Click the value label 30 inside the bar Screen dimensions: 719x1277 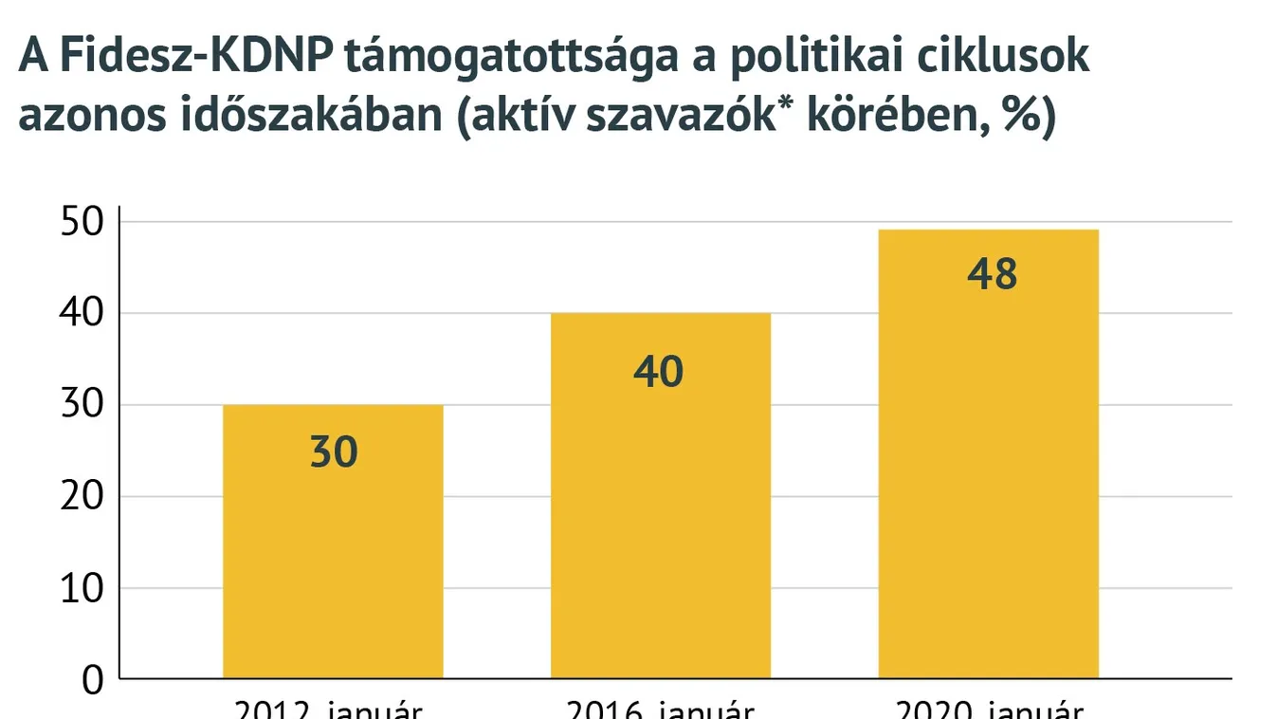(334, 452)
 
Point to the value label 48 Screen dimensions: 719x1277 (992, 274)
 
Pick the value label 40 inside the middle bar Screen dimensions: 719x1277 (658, 372)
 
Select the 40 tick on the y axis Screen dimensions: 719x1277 (81, 313)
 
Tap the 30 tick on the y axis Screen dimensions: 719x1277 (81, 405)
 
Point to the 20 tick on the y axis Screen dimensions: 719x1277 (81, 497)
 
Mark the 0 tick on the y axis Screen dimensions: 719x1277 (92, 680)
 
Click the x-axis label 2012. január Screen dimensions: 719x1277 (328, 710)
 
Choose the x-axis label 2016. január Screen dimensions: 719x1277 (660, 710)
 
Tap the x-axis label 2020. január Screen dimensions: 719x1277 (988, 710)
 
